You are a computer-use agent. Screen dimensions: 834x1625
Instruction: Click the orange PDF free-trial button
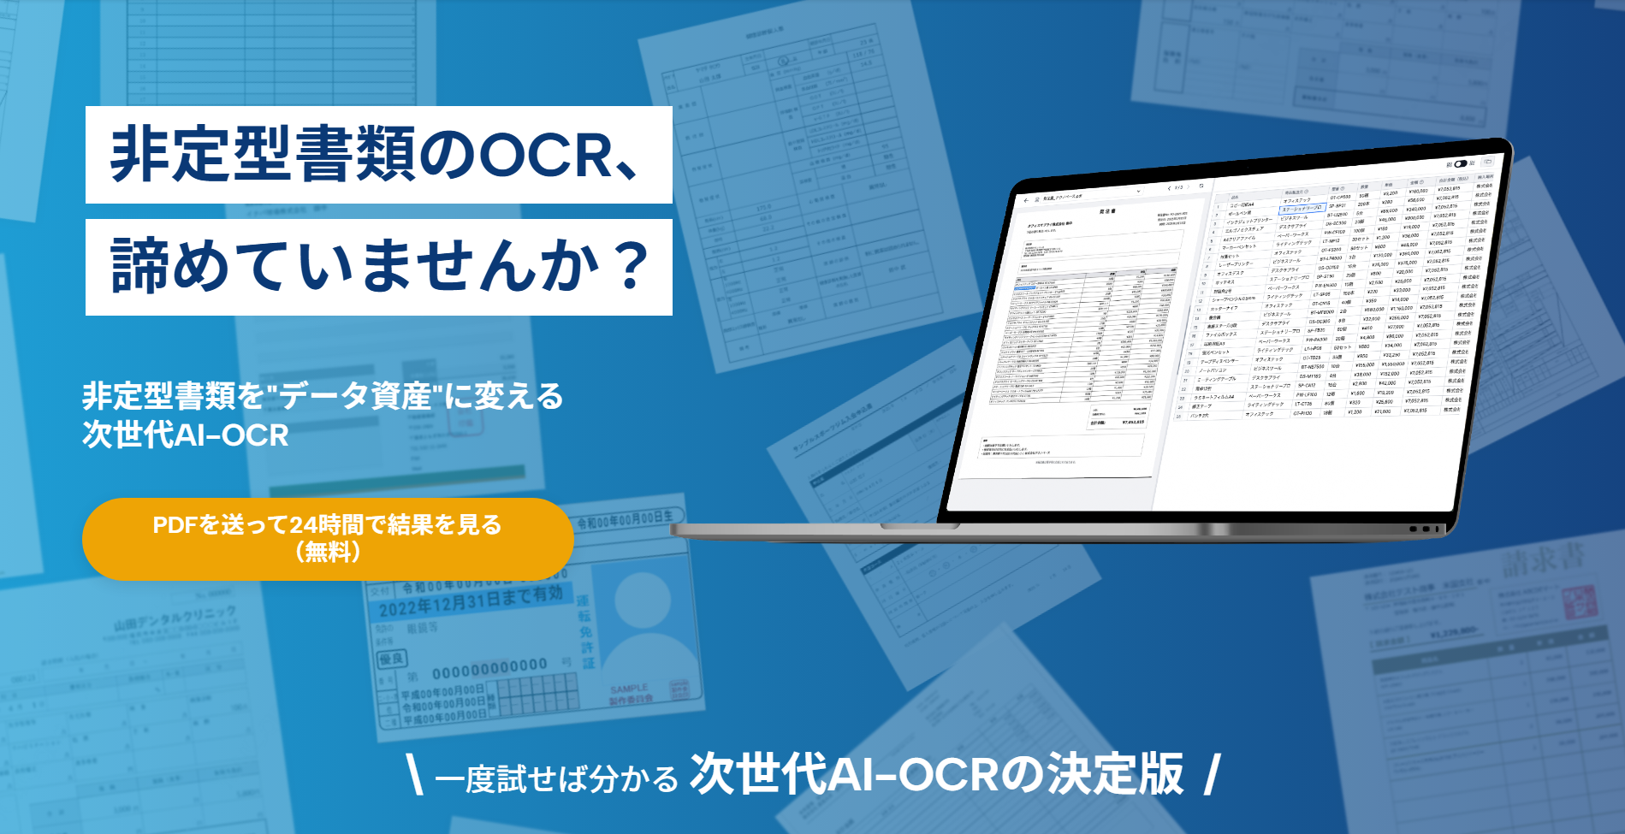tap(328, 538)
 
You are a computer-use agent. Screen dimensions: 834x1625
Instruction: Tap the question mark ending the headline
tap(632, 266)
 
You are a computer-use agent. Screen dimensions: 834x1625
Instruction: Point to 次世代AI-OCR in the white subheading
tap(186, 435)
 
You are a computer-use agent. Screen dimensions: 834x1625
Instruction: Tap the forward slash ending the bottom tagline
tap(1212, 774)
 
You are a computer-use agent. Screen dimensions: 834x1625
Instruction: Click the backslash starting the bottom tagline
tap(415, 774)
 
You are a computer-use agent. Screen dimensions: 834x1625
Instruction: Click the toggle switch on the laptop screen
tap(1461, 163)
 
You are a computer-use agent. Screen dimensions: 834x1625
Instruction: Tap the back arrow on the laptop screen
tap(1027, 201)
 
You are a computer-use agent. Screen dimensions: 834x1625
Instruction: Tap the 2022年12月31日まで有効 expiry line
tap(471, 602)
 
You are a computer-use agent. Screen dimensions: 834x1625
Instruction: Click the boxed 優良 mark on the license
tap(392, 658)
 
